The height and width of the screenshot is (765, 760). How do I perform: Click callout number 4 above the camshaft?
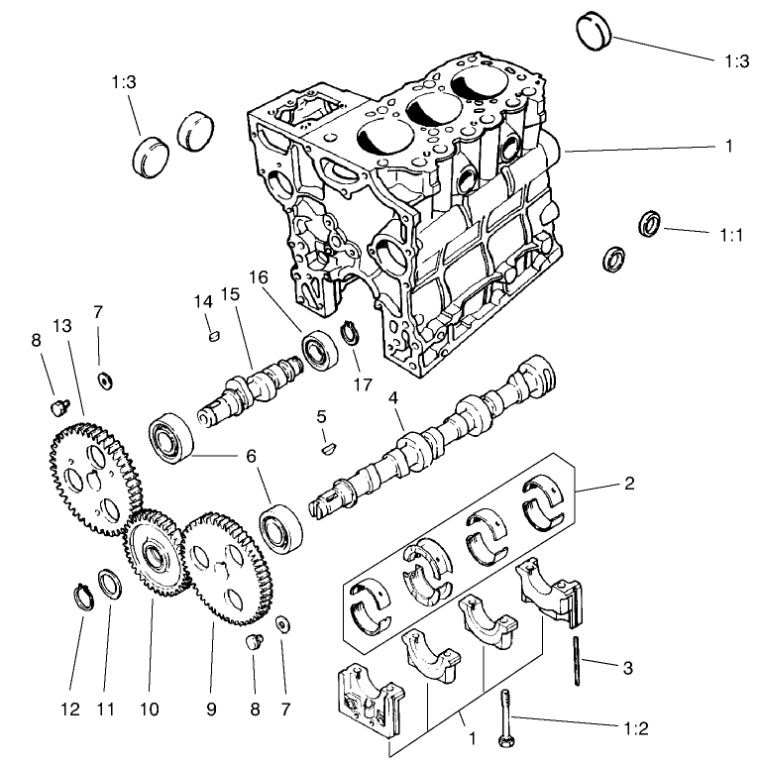393,398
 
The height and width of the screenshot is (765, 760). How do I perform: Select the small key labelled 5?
325,448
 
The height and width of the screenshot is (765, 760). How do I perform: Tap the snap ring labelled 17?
351,333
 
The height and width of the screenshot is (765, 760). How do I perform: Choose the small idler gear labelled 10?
153,554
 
